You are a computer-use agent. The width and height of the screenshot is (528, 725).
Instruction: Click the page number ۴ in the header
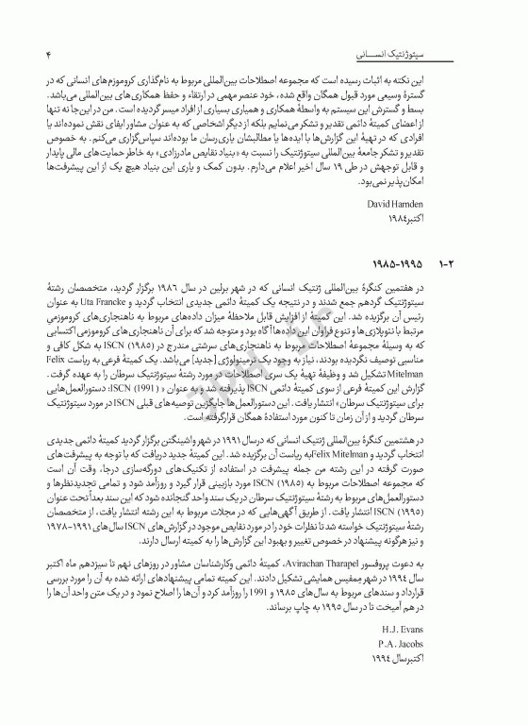[46, 57]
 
